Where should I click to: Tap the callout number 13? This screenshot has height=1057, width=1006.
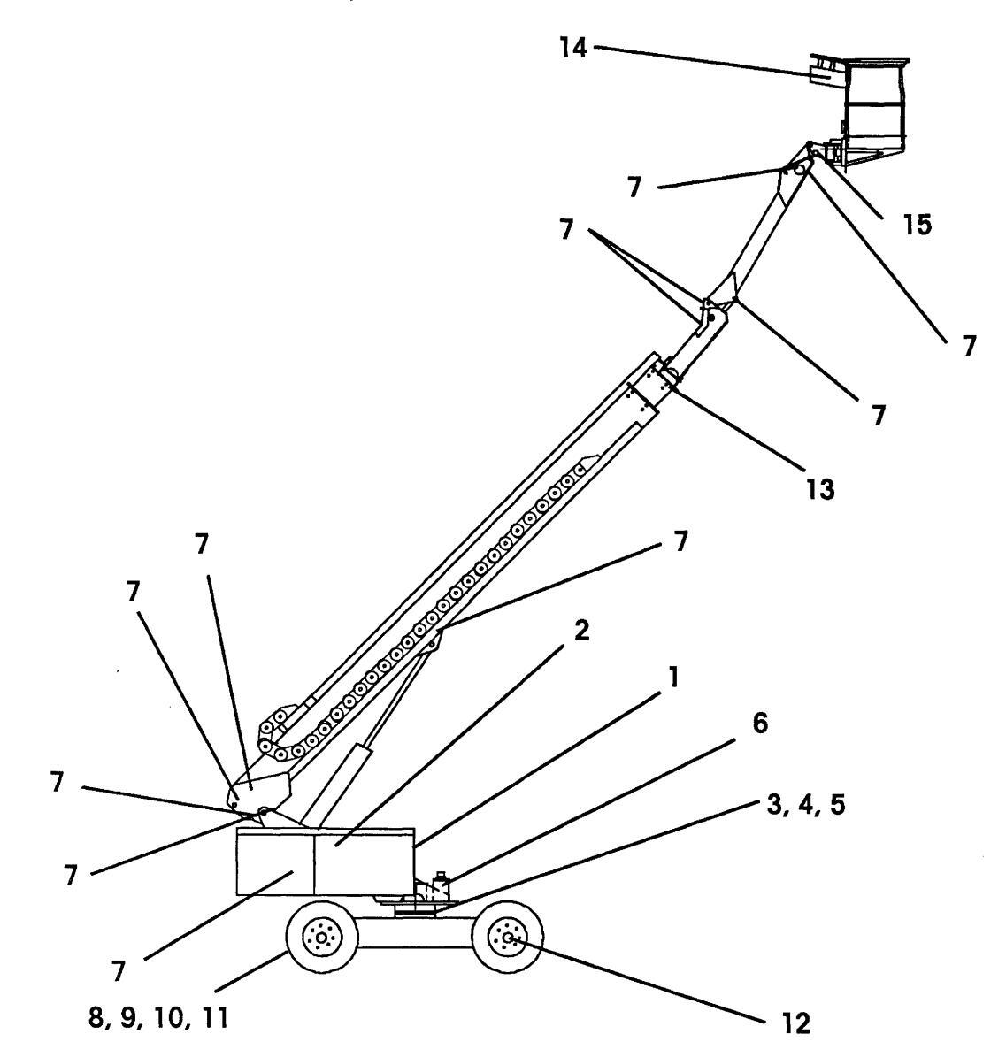820,488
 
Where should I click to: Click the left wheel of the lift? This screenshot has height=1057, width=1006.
321,938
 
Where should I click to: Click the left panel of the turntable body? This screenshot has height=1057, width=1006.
275,863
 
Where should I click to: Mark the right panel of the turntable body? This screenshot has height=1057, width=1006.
364,863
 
